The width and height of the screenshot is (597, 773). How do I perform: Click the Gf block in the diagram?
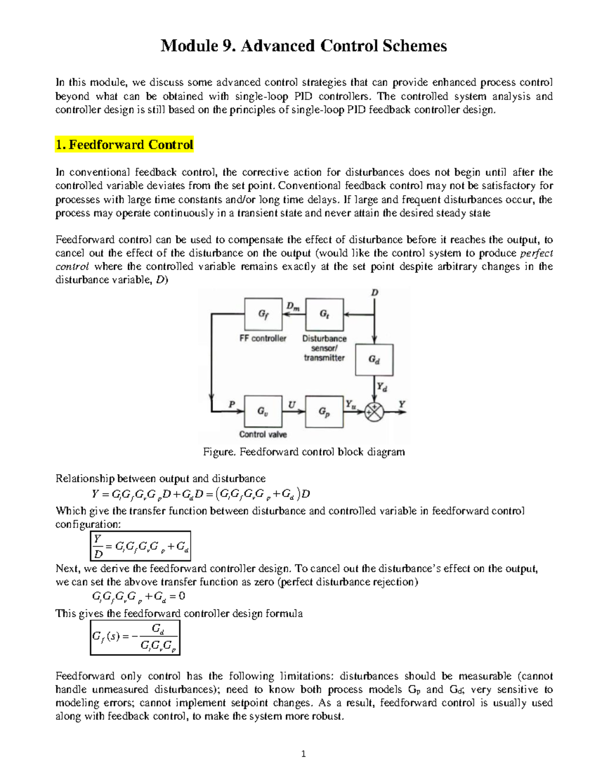pyautogui.click(x=263, y=314)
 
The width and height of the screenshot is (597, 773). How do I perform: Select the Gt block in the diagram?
pyautogui.click(x=324, y=314)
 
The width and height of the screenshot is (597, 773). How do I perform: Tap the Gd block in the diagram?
pyautogui.click(x=374, y=359)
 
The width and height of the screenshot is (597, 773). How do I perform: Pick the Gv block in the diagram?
pyautogui.click(x=263, y=412)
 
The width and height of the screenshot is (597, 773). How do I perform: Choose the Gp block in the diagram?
pyautogui.click(x=324, y=412)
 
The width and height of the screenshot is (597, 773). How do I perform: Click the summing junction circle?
pyautogui.click(x=374, y=412)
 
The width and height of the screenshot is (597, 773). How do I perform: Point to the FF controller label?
pyautogui.click(x=263, y=338)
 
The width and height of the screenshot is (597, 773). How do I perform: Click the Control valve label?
pyautogui.click(x=263, y=435)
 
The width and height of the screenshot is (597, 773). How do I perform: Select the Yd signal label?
pyautogui.click(x=382, y=387)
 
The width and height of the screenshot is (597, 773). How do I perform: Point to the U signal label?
pyautogui.click(x=292, y=405)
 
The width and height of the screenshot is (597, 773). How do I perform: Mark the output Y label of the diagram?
pyautogui.click(x=402, y=405)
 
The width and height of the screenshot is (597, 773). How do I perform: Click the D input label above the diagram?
pyautogui.click(x=375, y=293)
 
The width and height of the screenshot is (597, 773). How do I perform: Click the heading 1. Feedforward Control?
pyautogui.click(x=124, y=145)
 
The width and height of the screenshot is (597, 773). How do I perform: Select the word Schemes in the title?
pyautogui.click(x=415, y=46)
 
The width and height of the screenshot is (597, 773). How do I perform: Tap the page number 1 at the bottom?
pyautogui.click(x=303, y=754)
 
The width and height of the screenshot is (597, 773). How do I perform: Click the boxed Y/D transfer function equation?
pyautogui.click(x=141, y=546)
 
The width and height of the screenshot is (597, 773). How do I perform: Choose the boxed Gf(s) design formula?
pyautogui.click(x=135, y=637)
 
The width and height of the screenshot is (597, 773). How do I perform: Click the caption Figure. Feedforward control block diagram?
pyautogui.click(x=304, y=452)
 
